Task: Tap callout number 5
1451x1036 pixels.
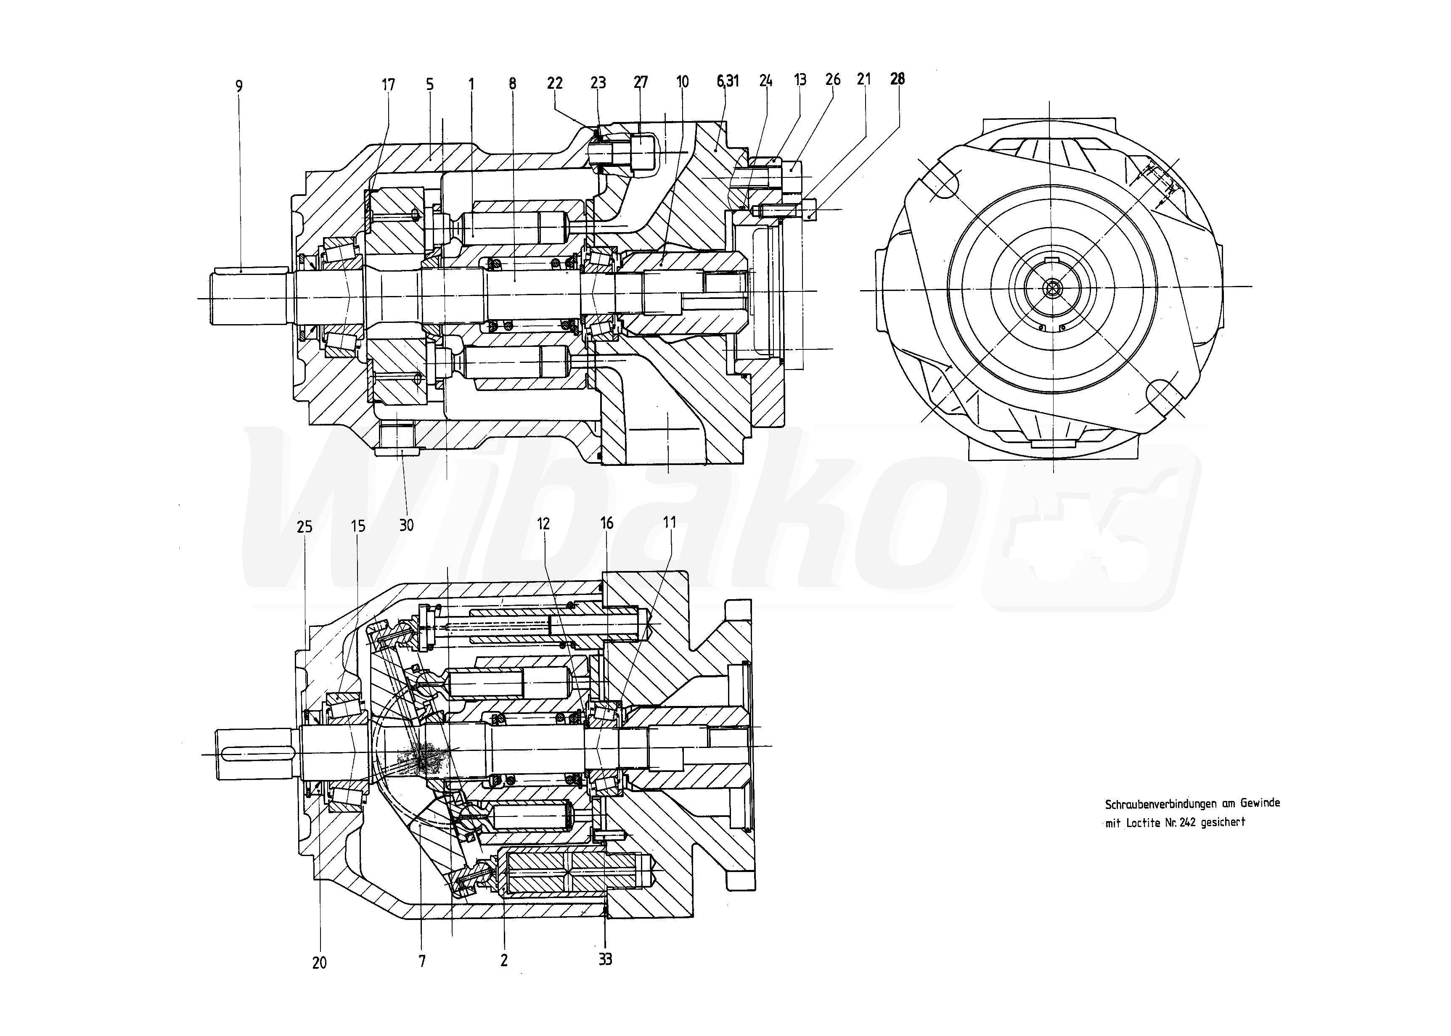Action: click(x=429, y=84)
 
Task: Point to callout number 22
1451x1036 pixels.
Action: click(x=554, y=83)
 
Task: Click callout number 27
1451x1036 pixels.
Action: click(x=640, y=82)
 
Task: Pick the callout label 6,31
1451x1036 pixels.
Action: click(x=728, y=81)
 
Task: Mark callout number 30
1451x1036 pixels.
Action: click(x=406, y=525)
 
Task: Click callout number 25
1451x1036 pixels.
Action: click(x=304, y=526)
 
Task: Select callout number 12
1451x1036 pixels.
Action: click(x=543, y=524)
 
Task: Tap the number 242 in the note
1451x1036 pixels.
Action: click(x=1188, y=823)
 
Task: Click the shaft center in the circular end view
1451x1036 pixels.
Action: click(x=1051, y=289)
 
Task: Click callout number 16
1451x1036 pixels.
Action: click(x=606, y=523)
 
